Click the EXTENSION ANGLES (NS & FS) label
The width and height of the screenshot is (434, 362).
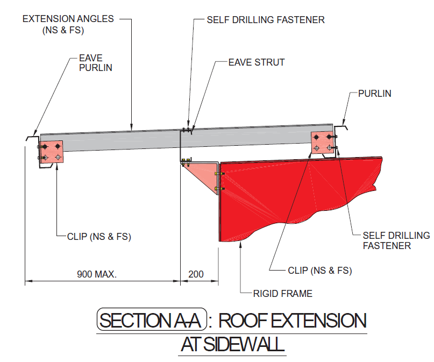pos(68,24)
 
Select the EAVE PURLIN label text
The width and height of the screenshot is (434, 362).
pos(96,63)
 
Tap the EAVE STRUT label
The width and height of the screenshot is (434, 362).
pos(257,62)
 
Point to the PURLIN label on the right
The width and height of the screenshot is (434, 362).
pos(374,94)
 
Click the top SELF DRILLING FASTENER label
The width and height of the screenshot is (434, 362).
pos(266,20)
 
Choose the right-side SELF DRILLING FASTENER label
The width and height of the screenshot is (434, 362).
pos(396,240)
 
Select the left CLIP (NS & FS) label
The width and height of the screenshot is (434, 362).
pos(99,237)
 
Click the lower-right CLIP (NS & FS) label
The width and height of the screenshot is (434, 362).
pos(319,271)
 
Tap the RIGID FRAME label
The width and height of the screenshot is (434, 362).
pos(282,293)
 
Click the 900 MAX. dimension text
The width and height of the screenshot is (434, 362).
pos(97,274)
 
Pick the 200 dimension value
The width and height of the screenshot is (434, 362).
pos(196,274)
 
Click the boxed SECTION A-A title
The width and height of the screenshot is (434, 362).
pos(152,320)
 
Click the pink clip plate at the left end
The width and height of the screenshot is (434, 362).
pos(51,152)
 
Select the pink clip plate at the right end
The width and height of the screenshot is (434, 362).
pos(323,143)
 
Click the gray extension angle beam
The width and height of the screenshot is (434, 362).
pos(187,138)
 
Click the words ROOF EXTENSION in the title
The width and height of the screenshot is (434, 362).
pos(293,321)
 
